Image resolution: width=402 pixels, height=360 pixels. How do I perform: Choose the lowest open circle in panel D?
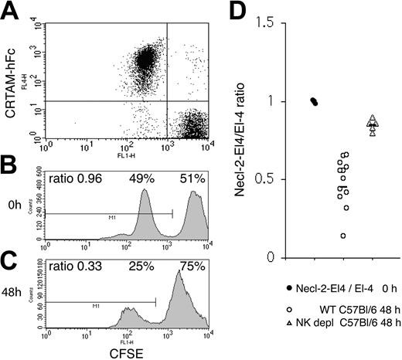coord(342,236)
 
